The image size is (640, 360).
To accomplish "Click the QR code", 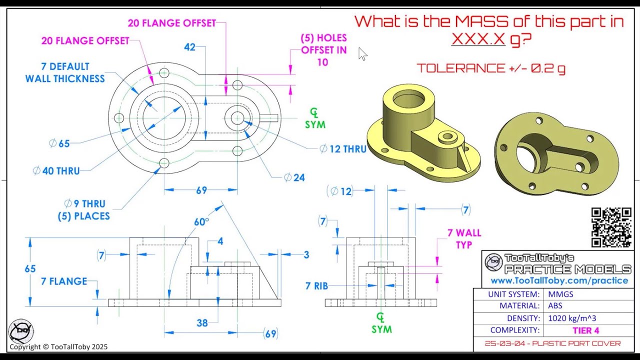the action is [611, 227].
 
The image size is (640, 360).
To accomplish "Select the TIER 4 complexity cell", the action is [585, 330].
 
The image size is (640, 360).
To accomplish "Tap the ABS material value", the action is [555, 305].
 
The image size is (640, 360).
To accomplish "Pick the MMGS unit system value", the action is [560, 294].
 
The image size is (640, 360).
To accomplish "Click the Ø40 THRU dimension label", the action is [56, 171].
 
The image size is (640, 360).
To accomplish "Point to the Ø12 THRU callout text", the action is [343, 149].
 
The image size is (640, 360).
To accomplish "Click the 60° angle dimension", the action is [201, 222].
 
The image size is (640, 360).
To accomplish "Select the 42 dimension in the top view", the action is [189, 47].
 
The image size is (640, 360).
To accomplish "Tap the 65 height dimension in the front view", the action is [30, 269].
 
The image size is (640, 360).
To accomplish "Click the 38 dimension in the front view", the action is [202, 323].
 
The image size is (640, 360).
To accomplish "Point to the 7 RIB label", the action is [316, 285].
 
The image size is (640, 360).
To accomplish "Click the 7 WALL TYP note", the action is [464, 239].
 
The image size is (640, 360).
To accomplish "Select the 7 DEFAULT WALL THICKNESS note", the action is [65, 72].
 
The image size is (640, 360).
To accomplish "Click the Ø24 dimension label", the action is [294, 177].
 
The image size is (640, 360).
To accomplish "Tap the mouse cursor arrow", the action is [362, 53].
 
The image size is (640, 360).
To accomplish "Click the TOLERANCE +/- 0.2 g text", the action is [491, 68].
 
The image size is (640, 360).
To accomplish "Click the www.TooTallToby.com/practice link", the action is [559, 280].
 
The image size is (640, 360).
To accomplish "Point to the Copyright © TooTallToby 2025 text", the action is [58, 347].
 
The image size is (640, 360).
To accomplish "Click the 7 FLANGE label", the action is [64, 281].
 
